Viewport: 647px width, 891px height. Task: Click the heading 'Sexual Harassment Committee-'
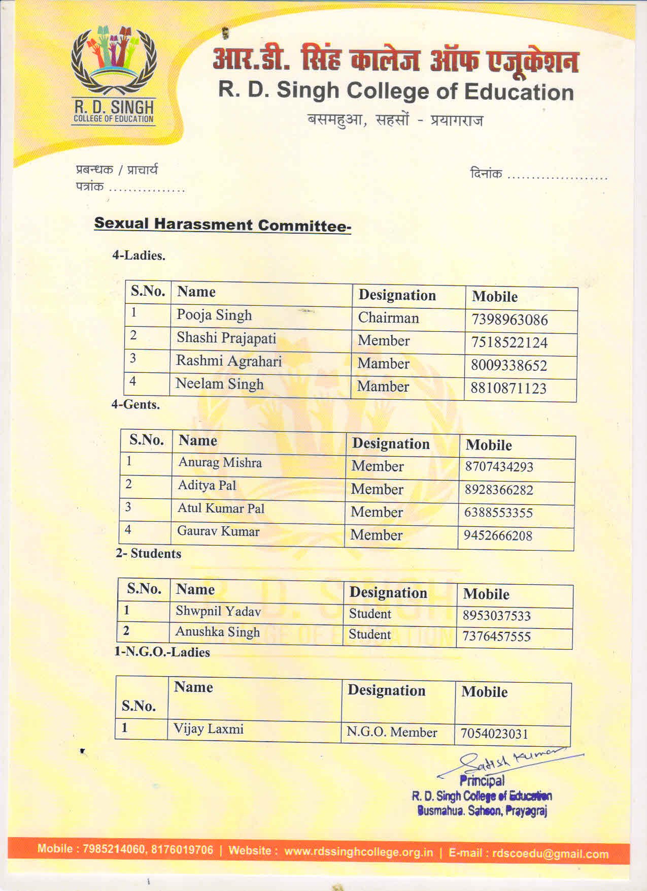tap(222, 224)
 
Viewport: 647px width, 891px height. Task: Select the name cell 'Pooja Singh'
tap(214, 315)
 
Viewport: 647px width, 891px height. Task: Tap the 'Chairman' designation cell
tap(389, 318)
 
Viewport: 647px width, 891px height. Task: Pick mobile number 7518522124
tap(509, 342)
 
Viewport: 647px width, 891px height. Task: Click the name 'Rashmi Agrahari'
tap(228, 361)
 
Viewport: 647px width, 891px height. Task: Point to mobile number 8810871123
tap(508, 389)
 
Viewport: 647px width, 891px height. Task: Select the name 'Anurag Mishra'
tap(220, 462)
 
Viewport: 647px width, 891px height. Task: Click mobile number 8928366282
tap(499, 490)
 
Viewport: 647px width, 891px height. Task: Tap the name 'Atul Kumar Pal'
tap(221, 508)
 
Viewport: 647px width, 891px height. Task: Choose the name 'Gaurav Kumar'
tap(218, 531)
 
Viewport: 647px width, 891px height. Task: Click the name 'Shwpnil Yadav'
tap(218, 611)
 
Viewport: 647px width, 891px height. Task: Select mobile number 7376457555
tap(496, 637)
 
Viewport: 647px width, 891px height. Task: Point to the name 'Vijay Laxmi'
tap(209, 729)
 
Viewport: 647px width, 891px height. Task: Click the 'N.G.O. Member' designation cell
tap(392, 732)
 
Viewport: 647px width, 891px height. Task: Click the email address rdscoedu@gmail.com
tap(550, 853)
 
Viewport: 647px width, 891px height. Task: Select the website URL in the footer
tap(358, 851)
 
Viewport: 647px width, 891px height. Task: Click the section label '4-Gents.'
tap(135, 405)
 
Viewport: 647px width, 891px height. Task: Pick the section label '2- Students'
tap(148, 553)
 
